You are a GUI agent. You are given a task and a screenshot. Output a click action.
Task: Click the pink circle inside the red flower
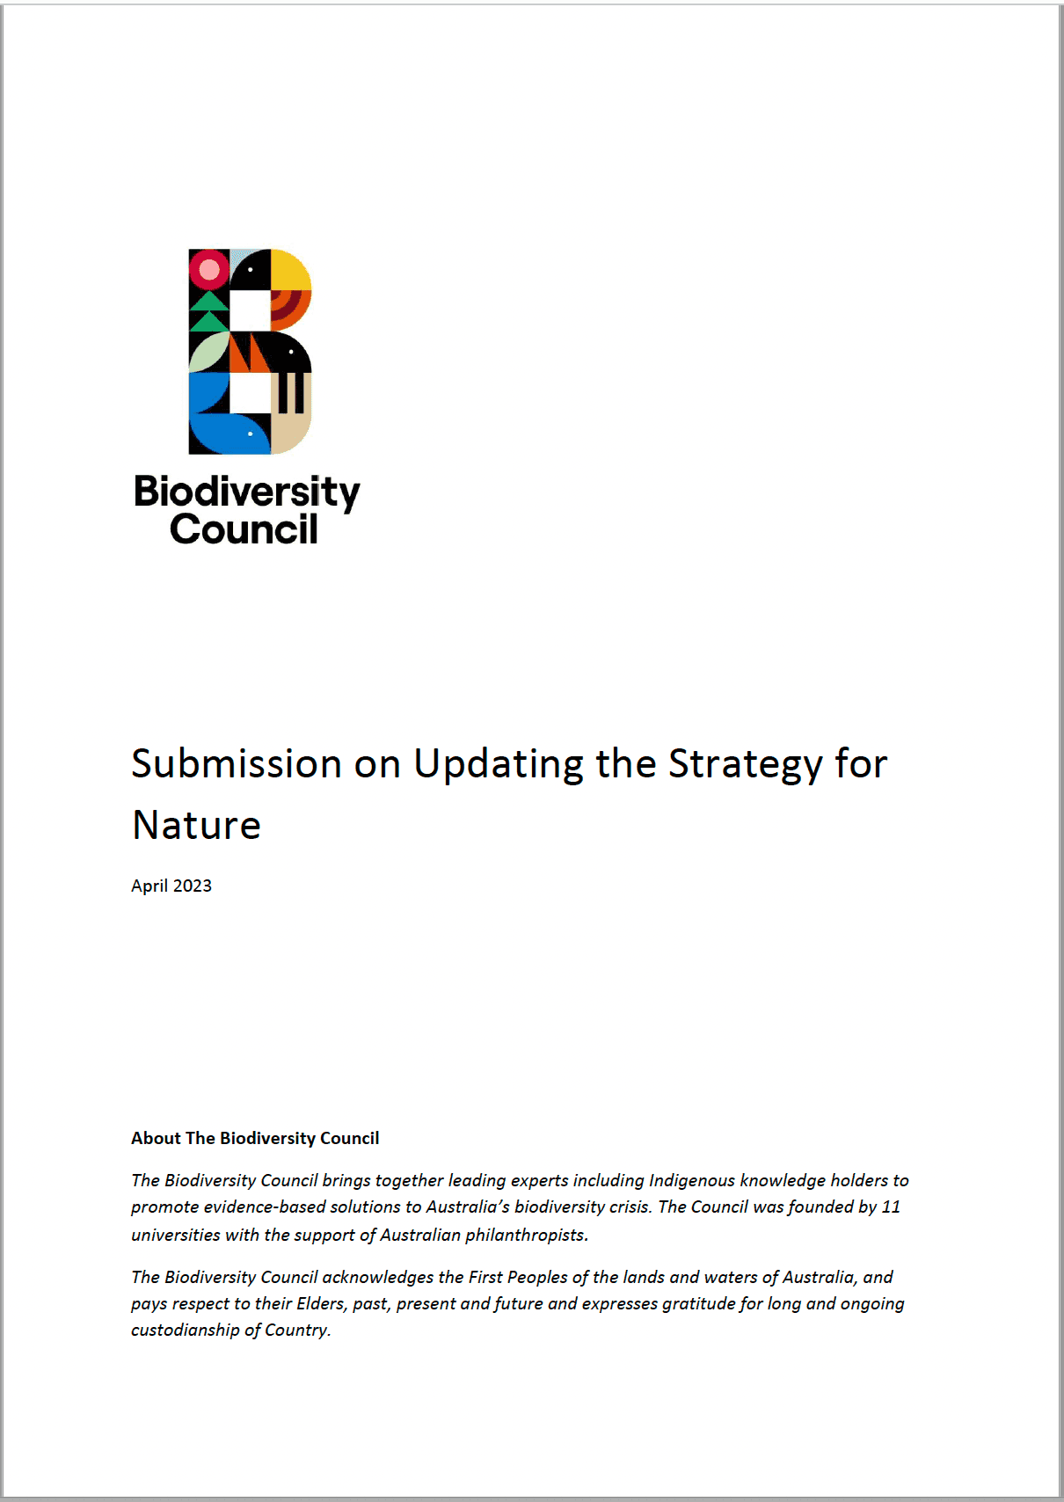[x=209, y=269]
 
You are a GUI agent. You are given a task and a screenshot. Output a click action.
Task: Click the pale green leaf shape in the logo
[x=207, y=353]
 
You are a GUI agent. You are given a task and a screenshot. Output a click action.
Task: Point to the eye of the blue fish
[x=251, y=434]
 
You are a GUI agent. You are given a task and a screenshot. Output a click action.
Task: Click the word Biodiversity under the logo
[x=247, y=492]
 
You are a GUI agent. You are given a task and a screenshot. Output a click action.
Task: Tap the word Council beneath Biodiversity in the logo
[x=244, y=529]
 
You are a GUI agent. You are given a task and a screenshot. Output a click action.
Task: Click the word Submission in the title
[x=237, y=763]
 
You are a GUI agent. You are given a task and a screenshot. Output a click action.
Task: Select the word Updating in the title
[x=499, y=763]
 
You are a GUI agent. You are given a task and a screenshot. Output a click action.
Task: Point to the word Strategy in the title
[x=746, y=763]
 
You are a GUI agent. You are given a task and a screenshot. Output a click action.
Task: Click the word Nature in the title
[x=197, y=825]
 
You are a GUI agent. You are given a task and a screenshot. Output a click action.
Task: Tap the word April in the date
[x=149, y=886]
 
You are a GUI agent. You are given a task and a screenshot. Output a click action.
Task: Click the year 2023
[x=193, y=886]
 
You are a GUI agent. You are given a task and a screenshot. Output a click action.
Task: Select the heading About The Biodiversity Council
[x=255, y=1138]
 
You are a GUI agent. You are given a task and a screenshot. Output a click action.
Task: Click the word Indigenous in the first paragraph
[x=691, y=1180]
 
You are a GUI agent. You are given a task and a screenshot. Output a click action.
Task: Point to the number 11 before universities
[x=891, y=1207]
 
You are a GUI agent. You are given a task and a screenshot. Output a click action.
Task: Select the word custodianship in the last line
[x=185, y=1330]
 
